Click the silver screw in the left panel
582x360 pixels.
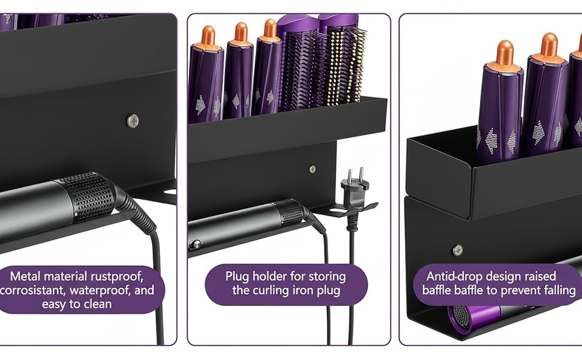[x=133, y=121]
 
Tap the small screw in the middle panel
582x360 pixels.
[x=312, y=169]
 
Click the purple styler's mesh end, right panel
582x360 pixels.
[x=462, y=316]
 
